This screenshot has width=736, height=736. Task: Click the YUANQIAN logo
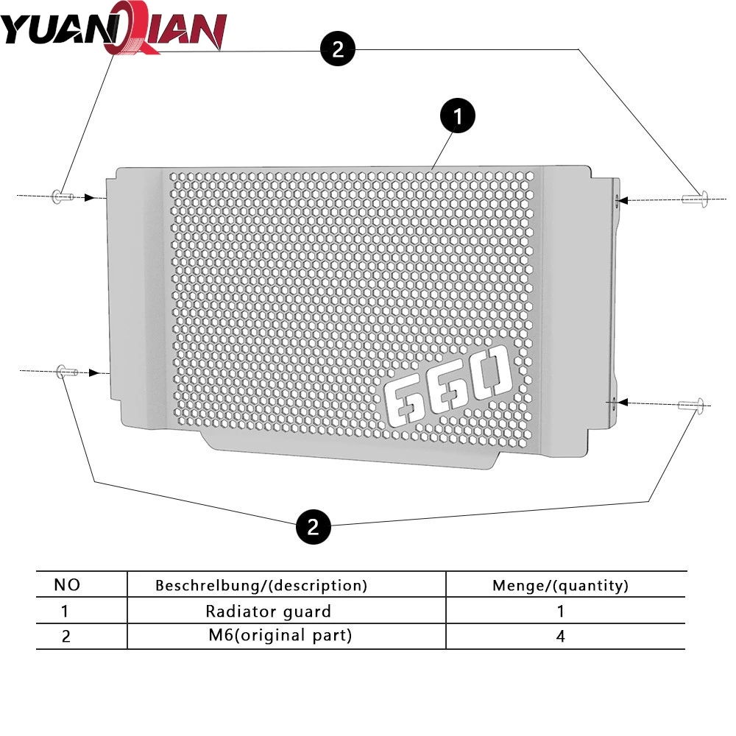(x=114, y=30)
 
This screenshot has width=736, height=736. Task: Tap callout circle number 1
(x=457, y=116)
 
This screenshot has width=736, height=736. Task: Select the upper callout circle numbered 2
(x=338, y=49)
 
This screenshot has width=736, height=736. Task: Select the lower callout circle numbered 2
(x=313, y=527)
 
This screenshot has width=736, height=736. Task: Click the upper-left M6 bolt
(x=60, y=196)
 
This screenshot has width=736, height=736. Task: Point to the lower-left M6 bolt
(x=66, y=372)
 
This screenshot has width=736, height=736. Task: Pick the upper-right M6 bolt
(x=695, y=197)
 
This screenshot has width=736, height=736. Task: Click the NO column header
(x=67, y=585)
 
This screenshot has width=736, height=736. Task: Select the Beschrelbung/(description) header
(x=261, y=586)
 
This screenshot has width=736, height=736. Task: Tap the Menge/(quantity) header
(x=560, y=586)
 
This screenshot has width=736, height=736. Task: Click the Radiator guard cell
(x=268, y=611)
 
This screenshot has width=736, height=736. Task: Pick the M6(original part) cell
(x=280, y=635)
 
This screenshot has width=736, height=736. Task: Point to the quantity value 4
(x=560, y=636)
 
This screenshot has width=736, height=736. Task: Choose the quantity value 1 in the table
(x=560, y=611)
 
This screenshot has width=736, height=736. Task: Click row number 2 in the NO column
(x=66, y=637)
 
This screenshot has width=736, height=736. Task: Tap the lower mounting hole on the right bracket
(x=612, y=401)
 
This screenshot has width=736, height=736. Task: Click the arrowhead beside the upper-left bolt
(x=90, y=197)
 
